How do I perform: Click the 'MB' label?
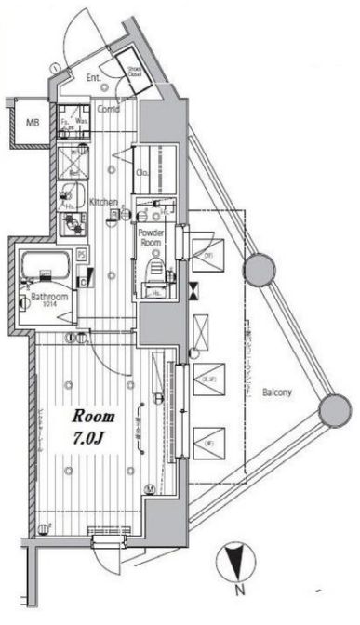point(32,122)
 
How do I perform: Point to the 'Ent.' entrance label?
point(94,78)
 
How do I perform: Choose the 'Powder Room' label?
point(151,236)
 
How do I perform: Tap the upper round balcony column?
point(260,272)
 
